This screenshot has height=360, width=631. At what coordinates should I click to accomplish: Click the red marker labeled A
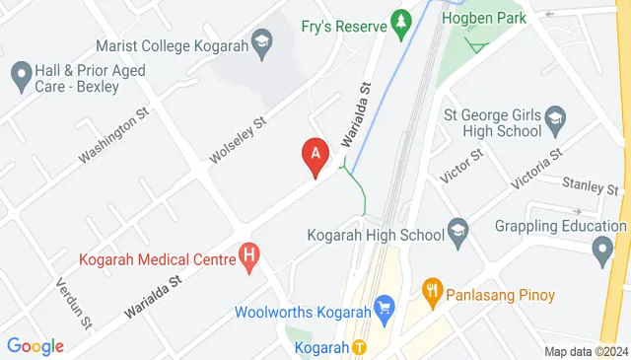tap(315, 155)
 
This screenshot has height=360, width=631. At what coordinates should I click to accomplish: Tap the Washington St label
tap(113, 137)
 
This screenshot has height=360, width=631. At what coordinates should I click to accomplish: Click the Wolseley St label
tap(239, 141)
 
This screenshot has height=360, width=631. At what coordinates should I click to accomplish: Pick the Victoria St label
tap(536, 168)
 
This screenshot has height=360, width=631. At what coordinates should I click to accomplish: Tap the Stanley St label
tap(589, 184)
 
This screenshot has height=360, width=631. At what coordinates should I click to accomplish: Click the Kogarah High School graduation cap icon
tap(457, 233)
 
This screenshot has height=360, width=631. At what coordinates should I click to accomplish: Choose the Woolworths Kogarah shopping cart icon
tap(385, 312)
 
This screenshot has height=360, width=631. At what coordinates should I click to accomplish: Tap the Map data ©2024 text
tap(586, 351)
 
